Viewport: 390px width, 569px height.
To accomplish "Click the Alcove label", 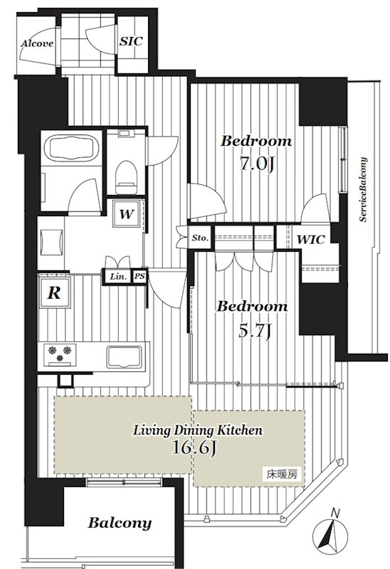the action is pyautogui.click(x=37, y=43).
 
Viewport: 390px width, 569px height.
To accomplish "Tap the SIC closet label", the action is pyautogui.click(x=131, y=41).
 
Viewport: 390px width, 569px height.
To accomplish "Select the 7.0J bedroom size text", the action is pyautogui.click(x=256, y=164).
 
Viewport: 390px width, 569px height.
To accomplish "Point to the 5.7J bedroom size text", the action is pyautogui.click(x=255, y=331).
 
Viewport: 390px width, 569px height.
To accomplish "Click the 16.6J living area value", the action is pyautogui.click(x=194, y=448).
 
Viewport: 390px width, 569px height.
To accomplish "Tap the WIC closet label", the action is pyautogui.click(x=310, y=240).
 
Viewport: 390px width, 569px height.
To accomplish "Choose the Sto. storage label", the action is pyautogui.click(x=201, y=238).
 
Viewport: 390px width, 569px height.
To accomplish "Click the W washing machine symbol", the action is pyautogui.click(x=127, y=214).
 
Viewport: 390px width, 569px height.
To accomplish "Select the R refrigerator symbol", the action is pyautogui.click(x=55, y=292).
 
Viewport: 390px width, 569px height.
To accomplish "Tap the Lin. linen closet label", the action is pyautogui.click(x=119, y=277).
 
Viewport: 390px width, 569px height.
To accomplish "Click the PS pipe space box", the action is pyautogui.click(x=139, y=277).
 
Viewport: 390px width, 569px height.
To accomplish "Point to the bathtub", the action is pyautogui.click(x=72, y=147).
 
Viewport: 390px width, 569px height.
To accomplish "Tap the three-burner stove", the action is pyautogui.click(x=60, y=354).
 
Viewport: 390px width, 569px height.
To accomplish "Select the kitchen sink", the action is pyautogui.click(x=124, y=357).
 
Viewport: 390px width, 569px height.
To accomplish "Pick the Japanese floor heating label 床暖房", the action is pyautogui.click(x=282, y=474).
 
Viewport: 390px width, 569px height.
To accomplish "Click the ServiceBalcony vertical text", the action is pyautogui.click(x=363, y=189).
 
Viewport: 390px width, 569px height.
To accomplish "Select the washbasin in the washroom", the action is pyautogui.click(x=51, y=243).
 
